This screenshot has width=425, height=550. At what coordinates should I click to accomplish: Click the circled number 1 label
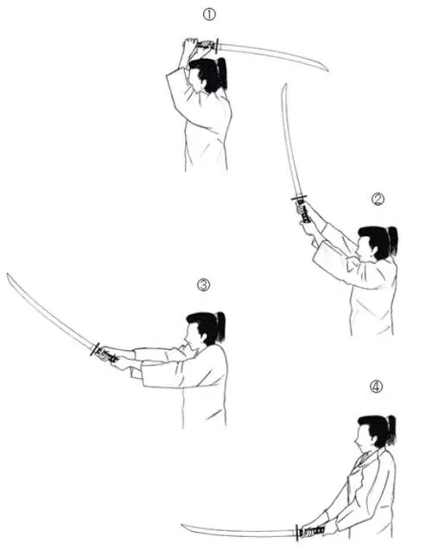coord(209,15)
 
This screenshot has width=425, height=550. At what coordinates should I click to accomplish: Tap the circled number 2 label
coord(377,199)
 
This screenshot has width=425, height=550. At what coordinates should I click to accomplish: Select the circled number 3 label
coord(204,285)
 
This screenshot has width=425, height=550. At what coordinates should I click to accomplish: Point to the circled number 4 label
coord(377,387)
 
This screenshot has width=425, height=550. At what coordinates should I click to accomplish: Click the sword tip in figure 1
coord(328,71)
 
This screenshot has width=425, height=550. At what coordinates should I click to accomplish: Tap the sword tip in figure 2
coord(286,84)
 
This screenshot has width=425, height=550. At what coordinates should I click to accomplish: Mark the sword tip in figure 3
coord(8,274)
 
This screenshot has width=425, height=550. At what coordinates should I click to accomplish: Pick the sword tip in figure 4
coord(182,525)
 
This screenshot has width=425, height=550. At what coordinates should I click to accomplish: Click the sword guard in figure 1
coord(217,46)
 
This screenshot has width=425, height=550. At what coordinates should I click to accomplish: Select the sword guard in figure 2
coord(299,198)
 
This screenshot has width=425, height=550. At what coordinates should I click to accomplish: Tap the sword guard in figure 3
coord(95,349)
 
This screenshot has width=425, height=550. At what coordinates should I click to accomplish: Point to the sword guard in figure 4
coord(297,533)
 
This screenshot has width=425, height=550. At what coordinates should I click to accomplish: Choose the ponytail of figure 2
coord(393,240)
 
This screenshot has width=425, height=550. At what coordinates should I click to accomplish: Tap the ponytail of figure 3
coord(220,325)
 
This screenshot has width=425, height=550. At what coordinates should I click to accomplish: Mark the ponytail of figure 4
coord(391,429)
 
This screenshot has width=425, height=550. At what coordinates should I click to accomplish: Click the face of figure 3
coord(191,336)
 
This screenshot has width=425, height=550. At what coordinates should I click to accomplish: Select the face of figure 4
coord(362,438)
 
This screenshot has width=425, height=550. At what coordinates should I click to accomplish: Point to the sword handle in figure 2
coord(304,211)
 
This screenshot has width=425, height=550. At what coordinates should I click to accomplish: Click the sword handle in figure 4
coord(312,531)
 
